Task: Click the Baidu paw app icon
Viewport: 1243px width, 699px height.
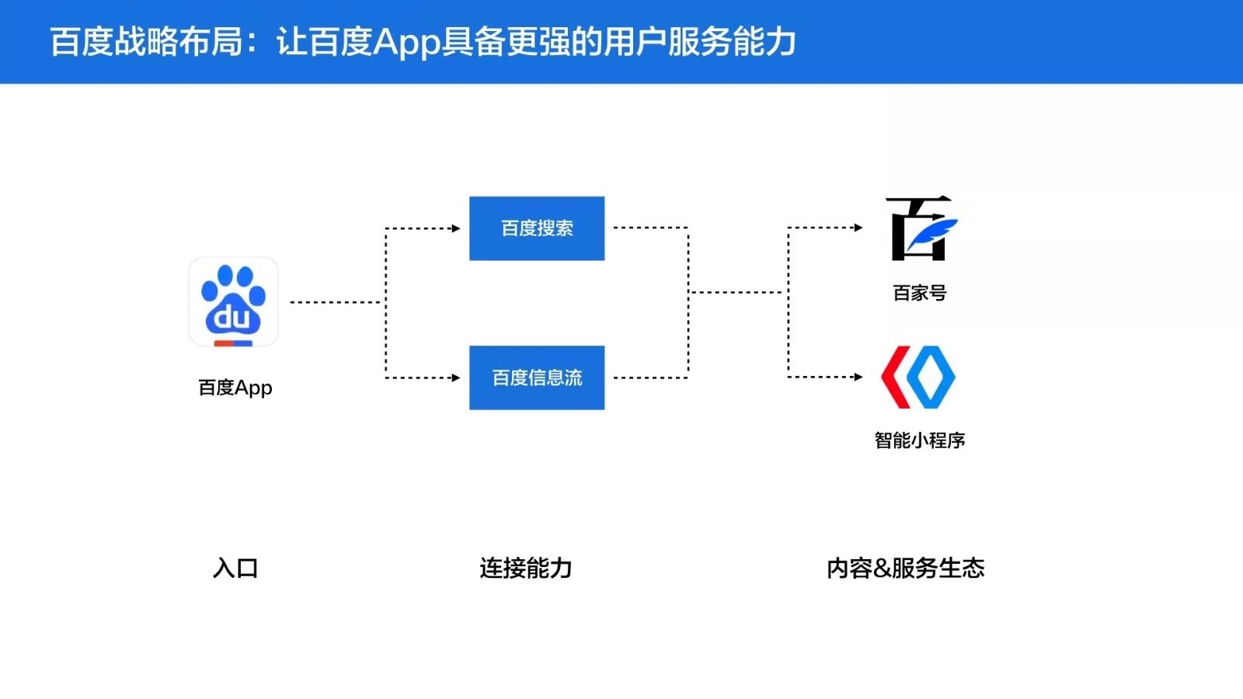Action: pos(234,302)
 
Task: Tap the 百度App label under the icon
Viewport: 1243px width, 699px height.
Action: pos(235,388)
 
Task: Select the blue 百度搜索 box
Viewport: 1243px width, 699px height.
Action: pos(537,228)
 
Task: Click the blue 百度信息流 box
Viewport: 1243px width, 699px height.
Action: pos(537,377)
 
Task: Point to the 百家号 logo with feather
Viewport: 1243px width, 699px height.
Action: pos(921,228)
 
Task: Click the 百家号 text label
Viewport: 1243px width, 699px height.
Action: pos(920,293)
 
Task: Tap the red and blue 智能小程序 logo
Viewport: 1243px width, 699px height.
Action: pos(918,377)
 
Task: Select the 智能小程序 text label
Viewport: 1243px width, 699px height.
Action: pos(920,440)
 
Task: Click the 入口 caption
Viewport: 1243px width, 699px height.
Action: pos(235,569)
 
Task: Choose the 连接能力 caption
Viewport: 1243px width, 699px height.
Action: pos(525,569)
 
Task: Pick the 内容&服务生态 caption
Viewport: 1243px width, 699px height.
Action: pos(905,569)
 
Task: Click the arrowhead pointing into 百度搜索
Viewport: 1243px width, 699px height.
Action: pos(456,228)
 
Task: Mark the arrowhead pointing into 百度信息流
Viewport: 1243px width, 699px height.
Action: pos(456,377)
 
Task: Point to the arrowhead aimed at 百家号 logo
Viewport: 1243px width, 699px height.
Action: pos(858,228)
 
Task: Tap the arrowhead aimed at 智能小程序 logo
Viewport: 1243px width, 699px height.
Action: pos(858,377)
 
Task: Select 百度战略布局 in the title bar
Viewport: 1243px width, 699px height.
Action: pos(147,42)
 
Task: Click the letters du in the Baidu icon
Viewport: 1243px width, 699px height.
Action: pos(232,317)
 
